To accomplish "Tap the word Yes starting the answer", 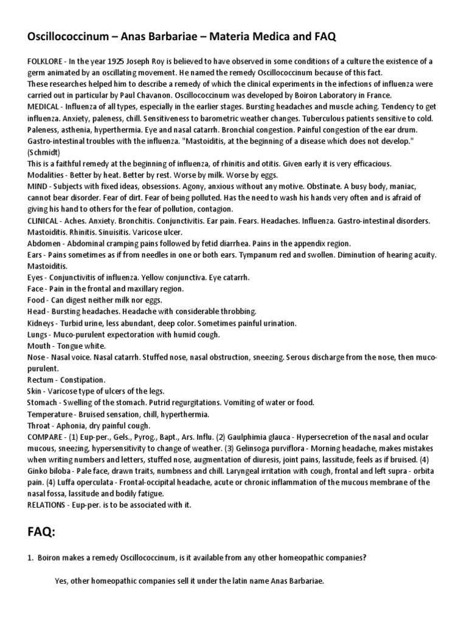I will (x=61, y=581).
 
